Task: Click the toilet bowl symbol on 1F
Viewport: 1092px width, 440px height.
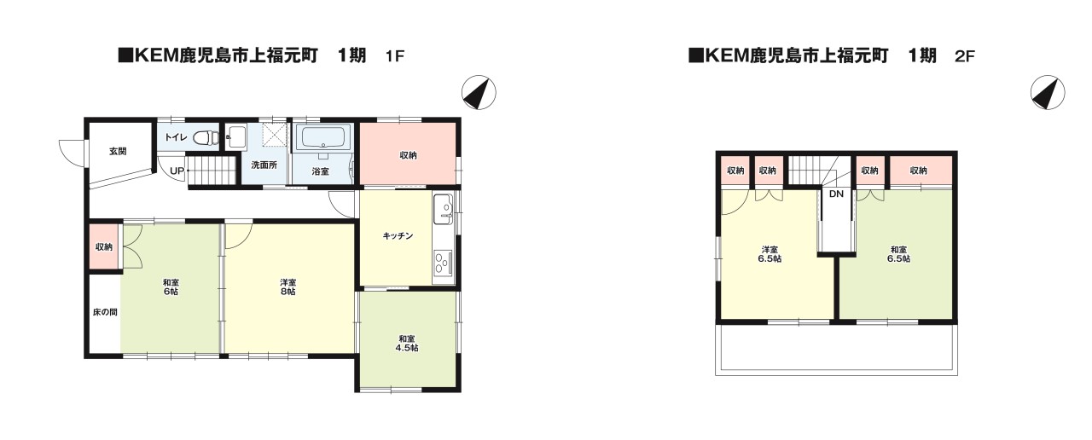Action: [x=203, y=136]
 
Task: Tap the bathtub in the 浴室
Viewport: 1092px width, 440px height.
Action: [x=322, y=137]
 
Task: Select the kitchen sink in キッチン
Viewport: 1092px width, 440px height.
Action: [x=444, y=208]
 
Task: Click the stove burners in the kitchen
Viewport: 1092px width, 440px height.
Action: [x=443, y=262]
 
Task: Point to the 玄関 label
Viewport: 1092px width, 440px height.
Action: [x=118, y=152]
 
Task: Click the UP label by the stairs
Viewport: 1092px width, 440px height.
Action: [x=177, y=171]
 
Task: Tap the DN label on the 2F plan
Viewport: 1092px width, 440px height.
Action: [x=836, y=194]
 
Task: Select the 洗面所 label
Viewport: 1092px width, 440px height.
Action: [x=264, y=165]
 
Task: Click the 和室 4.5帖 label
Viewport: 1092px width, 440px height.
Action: [x=406, y=343]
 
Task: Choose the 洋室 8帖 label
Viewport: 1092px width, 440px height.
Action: [x=288, y=287]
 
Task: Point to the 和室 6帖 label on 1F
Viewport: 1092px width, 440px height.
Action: [x=171, y=287]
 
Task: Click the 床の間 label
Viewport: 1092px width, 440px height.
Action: [x=105, y=312]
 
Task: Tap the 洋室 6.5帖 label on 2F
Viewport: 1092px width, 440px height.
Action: [x=770, y=254]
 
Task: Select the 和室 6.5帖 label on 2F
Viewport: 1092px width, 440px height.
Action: [x=897, y=253]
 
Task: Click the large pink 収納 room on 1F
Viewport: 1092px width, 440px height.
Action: [x=408, y=154]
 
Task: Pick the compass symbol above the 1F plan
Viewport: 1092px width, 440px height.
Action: [x=479, y=92]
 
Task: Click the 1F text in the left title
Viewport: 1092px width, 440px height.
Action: [x=393, y=57]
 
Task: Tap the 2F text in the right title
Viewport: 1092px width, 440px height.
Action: [x=964, y=57]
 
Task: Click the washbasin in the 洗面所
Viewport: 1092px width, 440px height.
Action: [x=235, y=136]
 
